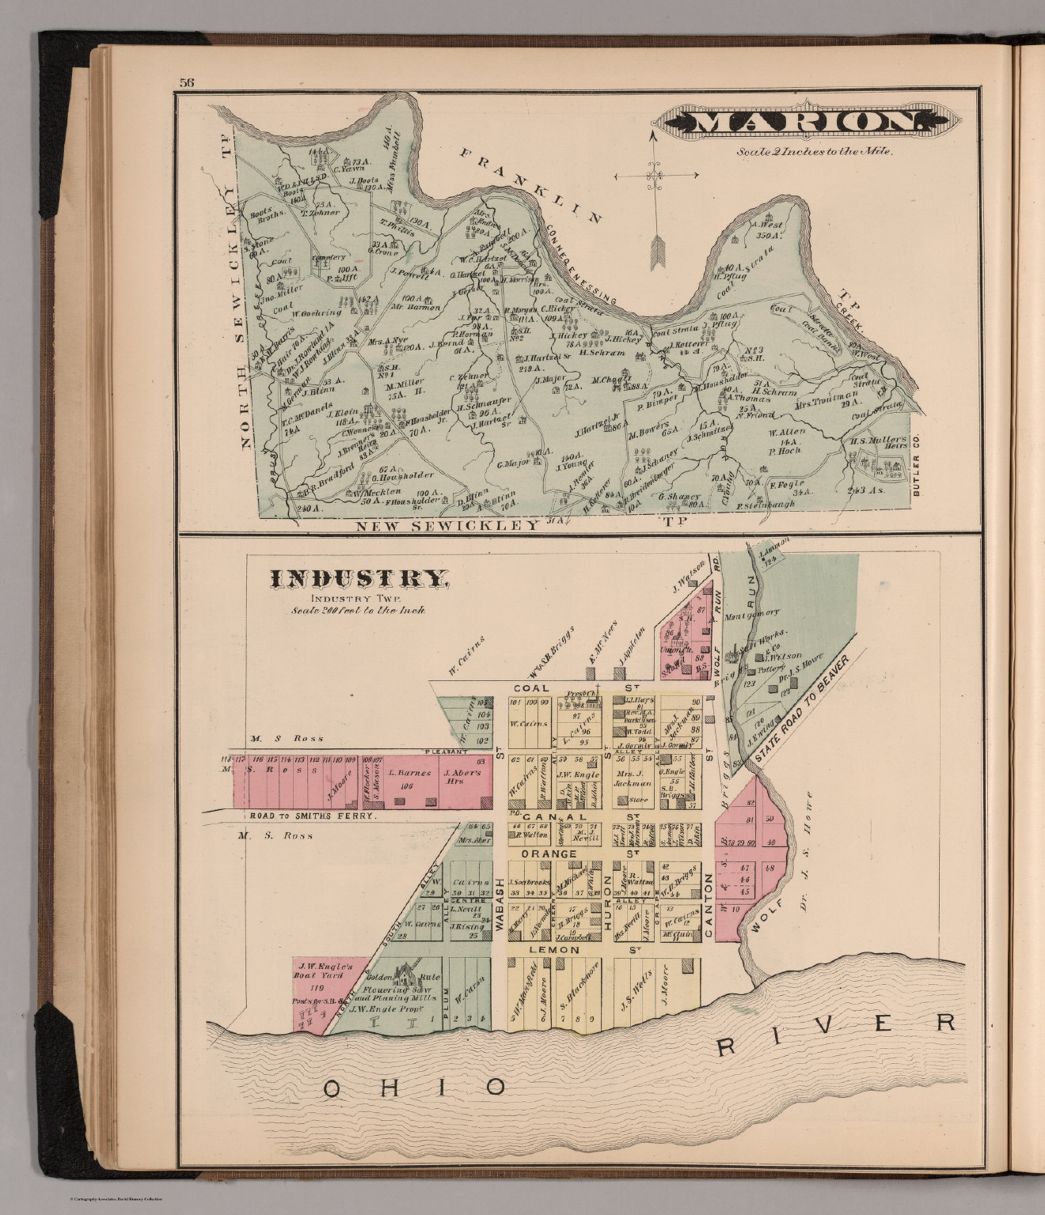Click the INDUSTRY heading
pos(359,579)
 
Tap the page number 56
pos(187,82)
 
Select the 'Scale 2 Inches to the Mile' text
pos(815,152)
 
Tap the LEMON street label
pos(559,949)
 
